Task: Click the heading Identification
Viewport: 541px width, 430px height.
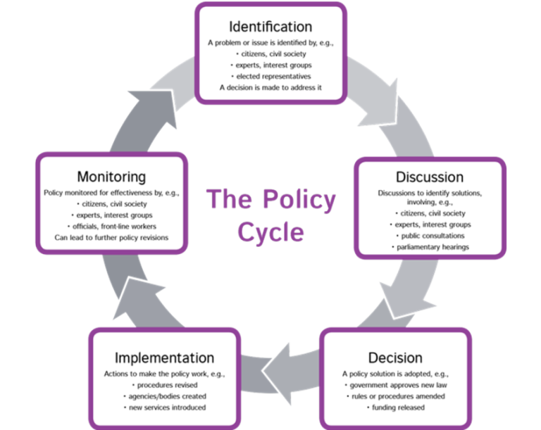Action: [x=270, y=27]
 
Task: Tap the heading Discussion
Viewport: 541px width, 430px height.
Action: [x=429, y=177]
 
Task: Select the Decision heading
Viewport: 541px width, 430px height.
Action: [x=395, y=358]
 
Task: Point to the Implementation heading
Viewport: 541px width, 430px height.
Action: [x=164, y=358]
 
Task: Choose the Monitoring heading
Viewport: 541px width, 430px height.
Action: [x=111, y=176]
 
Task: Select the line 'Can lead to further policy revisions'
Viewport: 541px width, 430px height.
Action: [x=111, y=238]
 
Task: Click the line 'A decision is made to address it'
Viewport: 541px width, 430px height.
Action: [x=271, y=88]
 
